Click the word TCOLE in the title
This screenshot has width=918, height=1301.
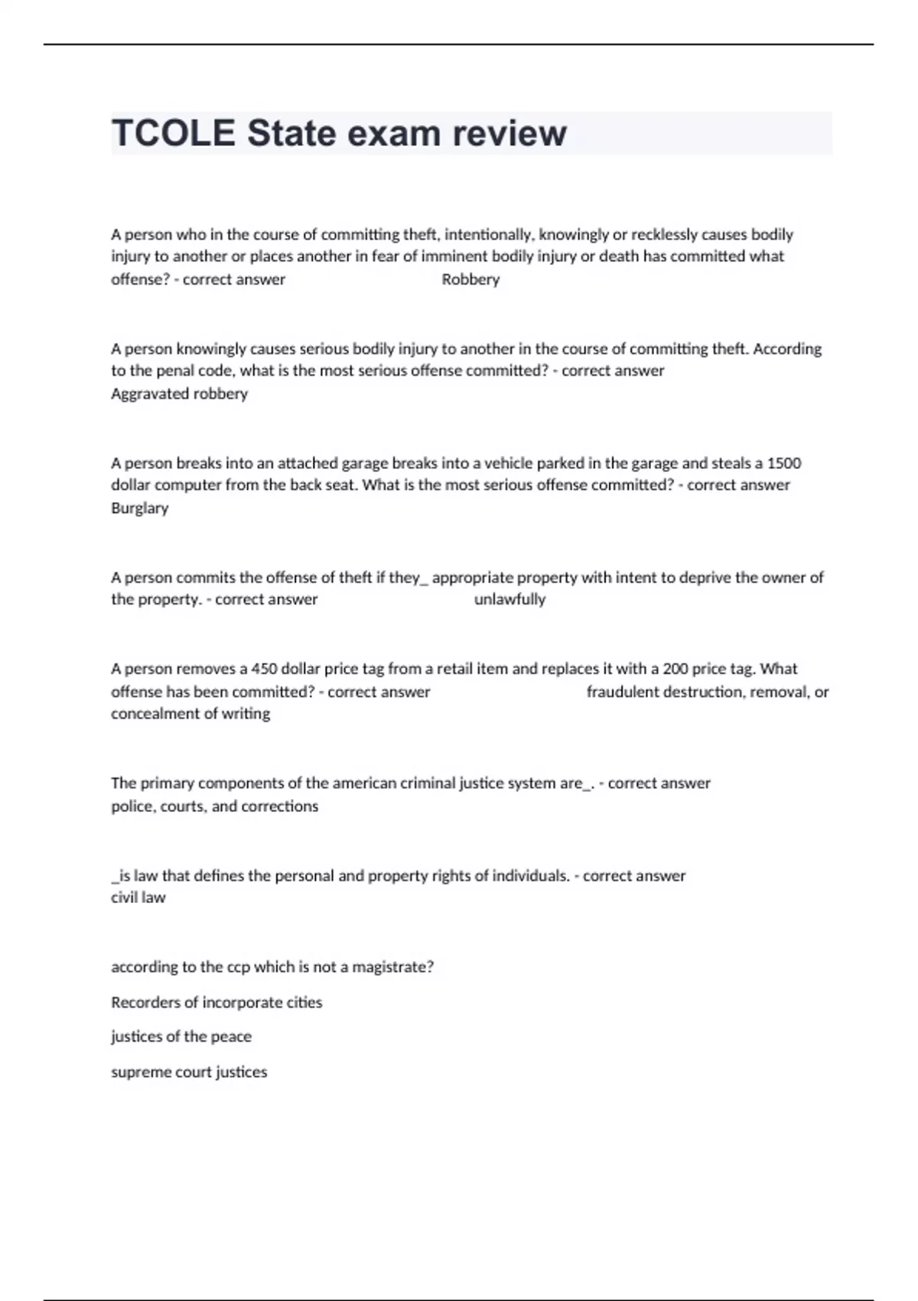(x=173, y=133)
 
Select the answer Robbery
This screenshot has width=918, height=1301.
(x=470, y=279)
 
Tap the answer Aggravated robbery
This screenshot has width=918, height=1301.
(x=179, y=393)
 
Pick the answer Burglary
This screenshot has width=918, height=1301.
(x=139, y=507)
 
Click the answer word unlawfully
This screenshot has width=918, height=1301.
(x=509, y=599)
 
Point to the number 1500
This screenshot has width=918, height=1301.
(x=783, y=463)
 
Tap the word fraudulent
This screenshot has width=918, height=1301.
(x=622, y=692)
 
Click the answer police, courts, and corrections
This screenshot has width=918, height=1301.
(x=214, y=806)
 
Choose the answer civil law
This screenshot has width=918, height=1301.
(x=138, y=897)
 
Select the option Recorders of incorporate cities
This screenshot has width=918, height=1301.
(x=216, y=1002)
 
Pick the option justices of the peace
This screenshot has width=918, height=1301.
(x=181, y=1036)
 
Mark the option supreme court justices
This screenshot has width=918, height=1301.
(x=189, y=1071)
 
